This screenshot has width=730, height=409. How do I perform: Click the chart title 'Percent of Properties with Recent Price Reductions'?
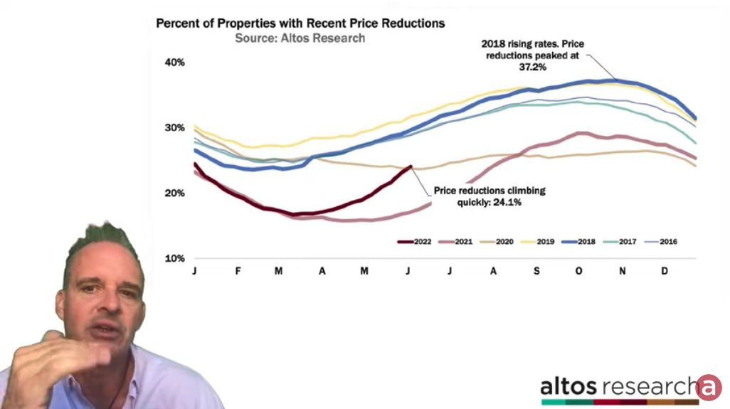coord(300,23)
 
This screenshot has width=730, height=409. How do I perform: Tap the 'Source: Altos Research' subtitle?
coord(300,38)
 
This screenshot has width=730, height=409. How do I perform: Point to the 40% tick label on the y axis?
coord(175,63)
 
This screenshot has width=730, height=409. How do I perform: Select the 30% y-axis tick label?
coord(175,128)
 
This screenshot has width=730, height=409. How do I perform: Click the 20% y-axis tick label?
coord(175,193)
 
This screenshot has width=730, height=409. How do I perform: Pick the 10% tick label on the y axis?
coord(175,258)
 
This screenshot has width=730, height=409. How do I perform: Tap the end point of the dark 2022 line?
coord(411,167)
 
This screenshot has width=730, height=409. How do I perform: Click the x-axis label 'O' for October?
coord(578,272)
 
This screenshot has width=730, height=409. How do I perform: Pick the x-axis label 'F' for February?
coord(237,272)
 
